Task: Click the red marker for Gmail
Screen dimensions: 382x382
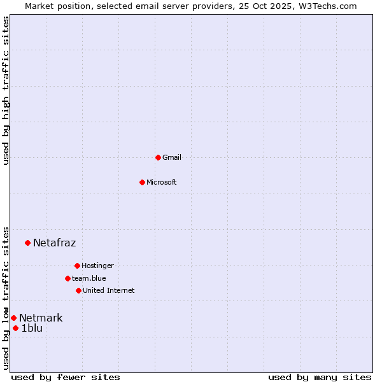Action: (158, 157)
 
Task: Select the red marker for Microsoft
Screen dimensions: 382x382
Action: (142, 182)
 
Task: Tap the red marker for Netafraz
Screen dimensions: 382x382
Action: (27, 243)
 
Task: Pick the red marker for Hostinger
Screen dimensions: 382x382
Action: (77, 265)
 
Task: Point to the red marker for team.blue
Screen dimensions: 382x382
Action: (67, 278)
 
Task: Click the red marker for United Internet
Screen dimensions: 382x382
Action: (78, 290)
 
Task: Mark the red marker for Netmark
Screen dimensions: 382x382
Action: (13, 318)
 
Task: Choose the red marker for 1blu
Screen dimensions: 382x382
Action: (16, 329)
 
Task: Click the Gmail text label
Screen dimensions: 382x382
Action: (172, 157)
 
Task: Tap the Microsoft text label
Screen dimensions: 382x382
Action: (162, 182)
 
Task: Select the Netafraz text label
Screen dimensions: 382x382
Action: (55, 243)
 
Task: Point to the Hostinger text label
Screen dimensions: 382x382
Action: (97, 265)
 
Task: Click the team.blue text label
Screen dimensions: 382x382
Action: (89, 278)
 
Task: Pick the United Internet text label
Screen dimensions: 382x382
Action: (109, 290)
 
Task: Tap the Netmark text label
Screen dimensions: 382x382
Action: (41, 318)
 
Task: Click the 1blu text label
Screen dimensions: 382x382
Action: (32, 329)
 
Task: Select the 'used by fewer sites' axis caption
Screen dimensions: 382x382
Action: (66, 377)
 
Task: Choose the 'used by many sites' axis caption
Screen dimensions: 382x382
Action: (320, 377)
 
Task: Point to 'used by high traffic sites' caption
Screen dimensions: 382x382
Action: (6, 90)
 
